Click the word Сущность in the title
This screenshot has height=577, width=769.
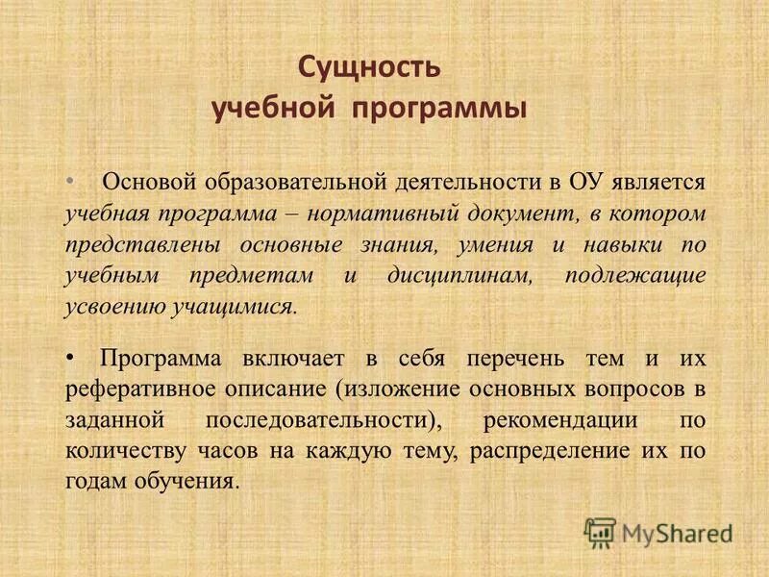click(x=368, y=67)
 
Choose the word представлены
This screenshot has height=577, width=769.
click(x=141, y=245)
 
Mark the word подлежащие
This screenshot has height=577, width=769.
click(x=635, y=276)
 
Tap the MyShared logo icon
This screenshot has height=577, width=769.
click(x=600, y=532)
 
